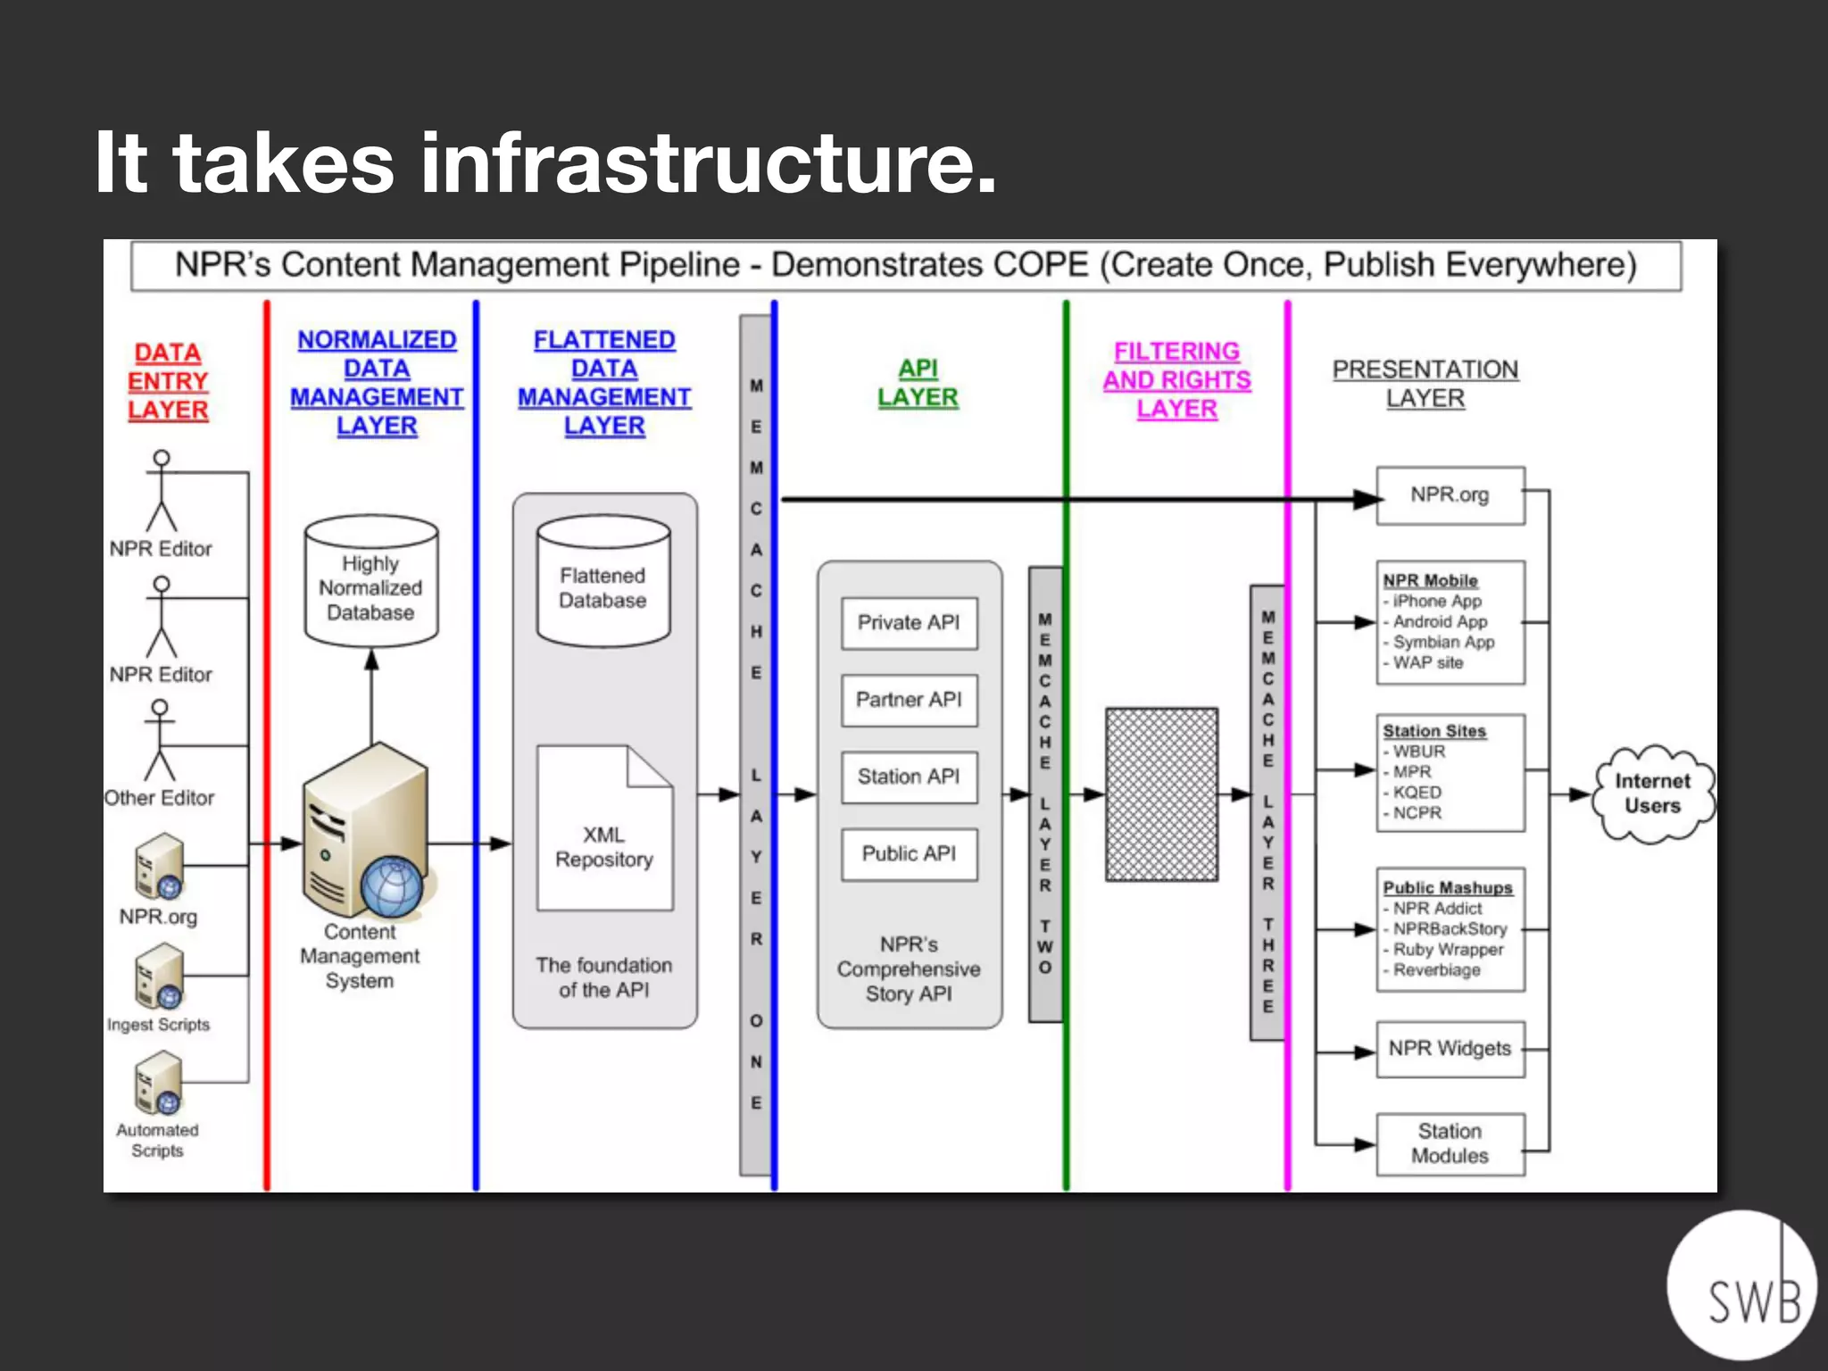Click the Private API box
pyautogui.click(x=909, y=623)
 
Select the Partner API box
pyautogui.click(x=909, y=700)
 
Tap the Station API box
pyautogui.click(x=909, y=777)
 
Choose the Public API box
pyautogui.click(x=909, y=854)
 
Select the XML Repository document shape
pyautogui.click(x=604, y=830)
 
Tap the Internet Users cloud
pyautogui.click(x=1653, y=794)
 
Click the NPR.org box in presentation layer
pyautogui.click(x=1450, y=495)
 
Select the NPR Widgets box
pyautogui.click(x=1450, y=1049)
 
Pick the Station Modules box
pyautogui.click(x=1450, y=1143)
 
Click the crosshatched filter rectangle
pyautogui.click(x=1161, y=794)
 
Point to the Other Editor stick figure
pyautogui.click(x=160, y=741)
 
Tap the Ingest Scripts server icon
pyautogui.click(x=159, y=977)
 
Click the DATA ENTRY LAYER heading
pyautogui.click(x=168, y=381)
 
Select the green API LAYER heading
pyautogui.click(x=918, y=383)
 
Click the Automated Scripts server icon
pyautogui.click(x=159, y=1084)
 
